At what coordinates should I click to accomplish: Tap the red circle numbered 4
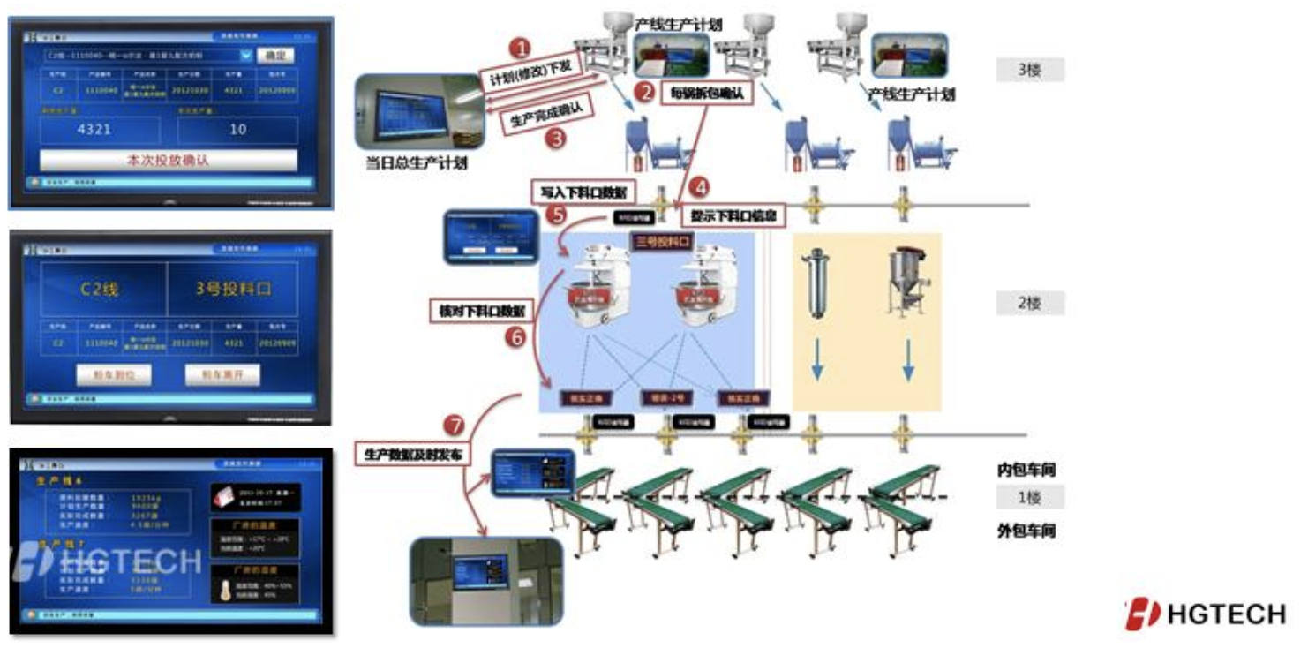click(x=698, y=187)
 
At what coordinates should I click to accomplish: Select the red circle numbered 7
click(x=455, y=426)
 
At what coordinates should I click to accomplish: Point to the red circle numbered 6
click(x=520, y=337)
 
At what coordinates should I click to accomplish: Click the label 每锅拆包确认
click(x=707, y=92)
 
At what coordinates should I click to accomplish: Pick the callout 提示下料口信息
click(x=733, y=215)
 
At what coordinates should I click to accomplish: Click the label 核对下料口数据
click(x=477, y=311)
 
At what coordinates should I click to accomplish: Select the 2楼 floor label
click(x=1029, y=304)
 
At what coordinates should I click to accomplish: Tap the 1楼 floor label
click(x=1029, y=497)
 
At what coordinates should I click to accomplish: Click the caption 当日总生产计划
click(x=417, y=163)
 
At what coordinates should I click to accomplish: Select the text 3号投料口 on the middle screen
click(x=232, y=290)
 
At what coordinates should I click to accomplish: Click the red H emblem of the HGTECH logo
click(x=1141, y=613)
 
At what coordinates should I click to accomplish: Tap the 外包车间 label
click(x=1026, y=531)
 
